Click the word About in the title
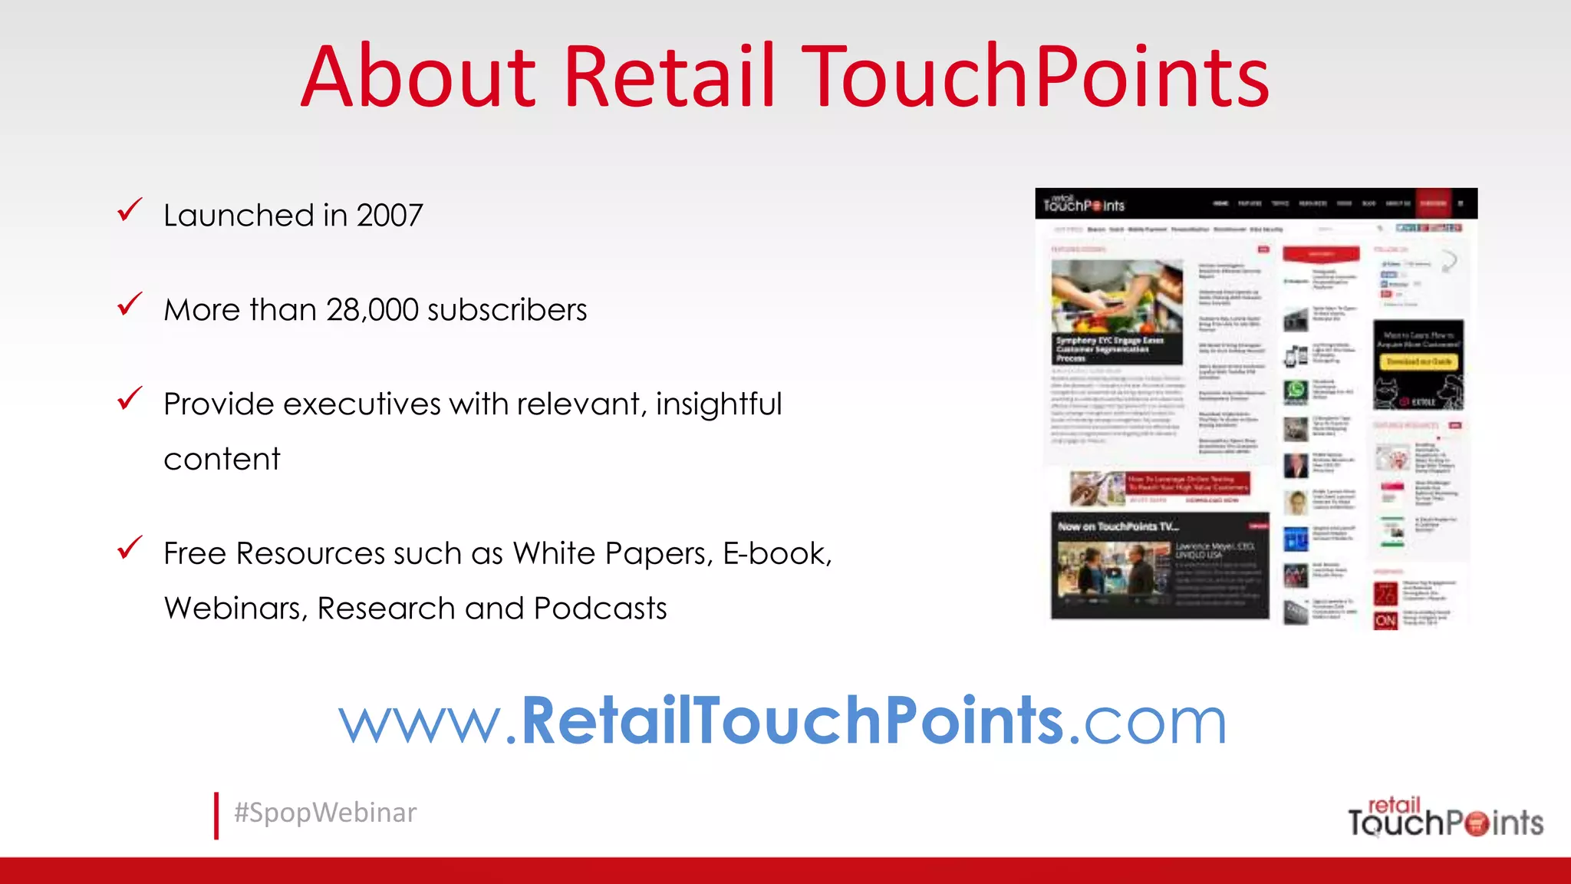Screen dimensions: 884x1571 418,77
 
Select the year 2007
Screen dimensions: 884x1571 390,216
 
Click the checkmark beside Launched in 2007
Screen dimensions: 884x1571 130,209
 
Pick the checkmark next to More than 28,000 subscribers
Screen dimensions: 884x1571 130,304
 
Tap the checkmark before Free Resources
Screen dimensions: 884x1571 130,548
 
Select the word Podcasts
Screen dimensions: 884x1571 600,609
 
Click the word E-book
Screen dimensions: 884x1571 776,553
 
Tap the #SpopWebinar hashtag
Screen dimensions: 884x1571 325,813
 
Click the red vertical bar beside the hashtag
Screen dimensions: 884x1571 216,816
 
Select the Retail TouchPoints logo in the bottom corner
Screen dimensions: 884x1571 1445,818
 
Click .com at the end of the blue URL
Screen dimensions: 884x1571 1148,721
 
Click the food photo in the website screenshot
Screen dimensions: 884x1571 1117,296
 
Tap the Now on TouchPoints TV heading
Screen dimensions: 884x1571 1118,526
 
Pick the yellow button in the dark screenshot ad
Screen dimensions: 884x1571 1418,361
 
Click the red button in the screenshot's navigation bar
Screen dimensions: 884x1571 1433,203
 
